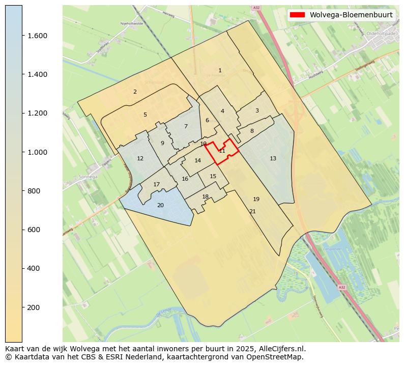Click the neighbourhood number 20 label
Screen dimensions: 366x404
(160, 205)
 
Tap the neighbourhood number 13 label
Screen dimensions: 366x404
(273, 159)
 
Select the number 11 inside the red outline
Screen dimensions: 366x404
(222, 151)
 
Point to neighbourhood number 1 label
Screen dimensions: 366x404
(220, 71)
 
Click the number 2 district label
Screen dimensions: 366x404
(135, 92)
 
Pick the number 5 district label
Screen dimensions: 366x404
(145, 115)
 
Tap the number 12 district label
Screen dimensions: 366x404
(140, 159)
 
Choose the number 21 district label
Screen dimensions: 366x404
(252, 211)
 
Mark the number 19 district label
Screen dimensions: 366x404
(256, 199)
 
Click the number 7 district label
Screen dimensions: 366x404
(186, 127)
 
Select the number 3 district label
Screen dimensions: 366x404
(257, 111)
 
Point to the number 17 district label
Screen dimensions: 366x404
(157, 184)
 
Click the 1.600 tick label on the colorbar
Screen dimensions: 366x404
(34, 36)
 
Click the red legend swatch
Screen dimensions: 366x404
(297, 15)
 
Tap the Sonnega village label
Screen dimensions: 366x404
(88, 177)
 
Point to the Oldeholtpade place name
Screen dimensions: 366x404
(381, 34)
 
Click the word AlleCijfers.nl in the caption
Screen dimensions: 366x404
(282, 349)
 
